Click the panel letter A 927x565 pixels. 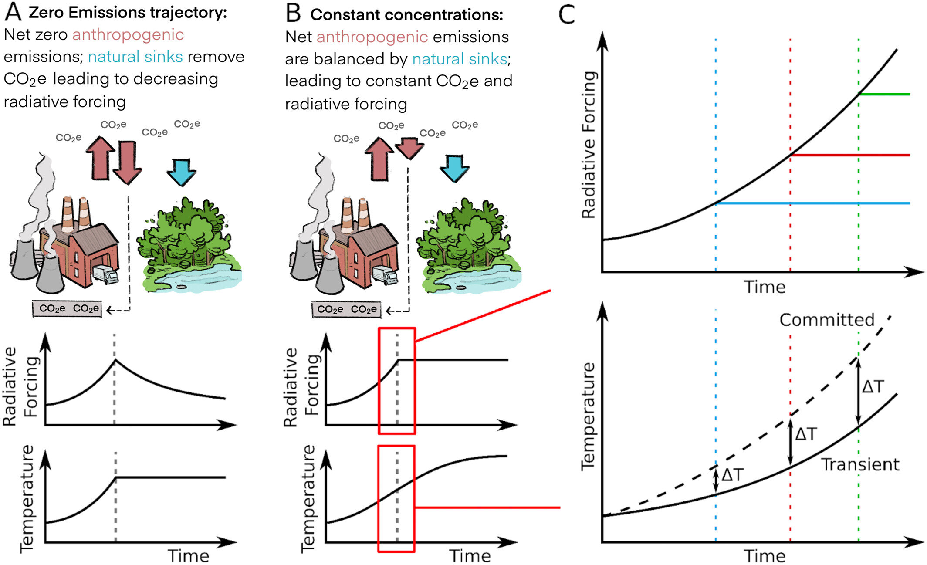13,12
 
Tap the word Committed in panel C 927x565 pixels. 827,320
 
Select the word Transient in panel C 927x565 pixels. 860,465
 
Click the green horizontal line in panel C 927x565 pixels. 884,94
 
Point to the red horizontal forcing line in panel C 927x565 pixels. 849,155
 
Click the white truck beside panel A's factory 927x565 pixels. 106,274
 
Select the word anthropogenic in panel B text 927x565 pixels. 372,37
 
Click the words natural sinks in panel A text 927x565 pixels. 135,57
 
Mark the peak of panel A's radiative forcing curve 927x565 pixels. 115,360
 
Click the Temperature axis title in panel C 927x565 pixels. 589,416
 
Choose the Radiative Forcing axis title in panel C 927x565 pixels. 589,145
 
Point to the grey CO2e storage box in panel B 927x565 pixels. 347,309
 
